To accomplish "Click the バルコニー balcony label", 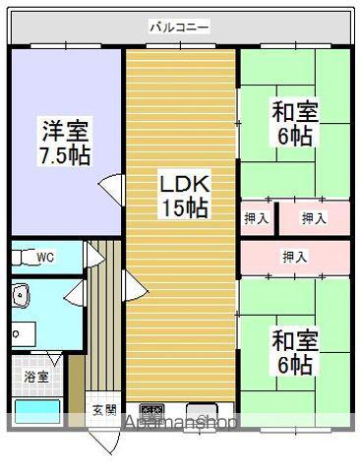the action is coord(179,27).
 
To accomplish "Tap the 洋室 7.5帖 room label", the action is coord(65,144).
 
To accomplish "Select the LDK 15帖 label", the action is coord(184,196).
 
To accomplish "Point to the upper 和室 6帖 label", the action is coord(295,124).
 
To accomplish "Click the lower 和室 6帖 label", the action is coord(295,353).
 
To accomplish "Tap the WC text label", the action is coord(45,258).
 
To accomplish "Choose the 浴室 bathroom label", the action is coord(36,377).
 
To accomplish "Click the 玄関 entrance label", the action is coord(104,410).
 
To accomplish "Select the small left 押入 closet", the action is coord(257,218).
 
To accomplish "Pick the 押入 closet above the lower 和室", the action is coord(295,257).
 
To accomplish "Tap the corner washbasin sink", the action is coord(21,295).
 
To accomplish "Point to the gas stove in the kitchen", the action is coord(151,410).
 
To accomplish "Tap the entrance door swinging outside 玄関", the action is coord(107,442).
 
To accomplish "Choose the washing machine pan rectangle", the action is coord(24,334).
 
